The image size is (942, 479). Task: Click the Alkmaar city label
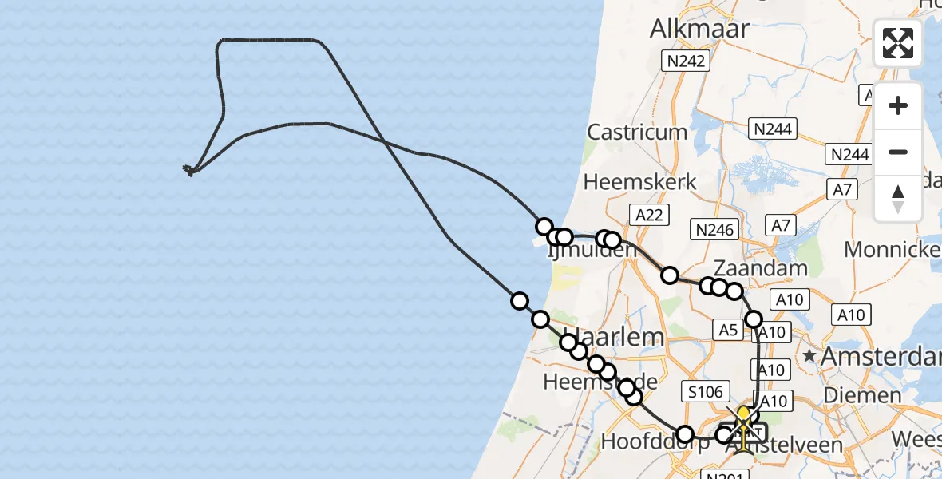[x=700, y=29]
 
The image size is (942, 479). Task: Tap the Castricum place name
[x=637, y=132]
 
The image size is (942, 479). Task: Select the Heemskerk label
[x=639, y=182]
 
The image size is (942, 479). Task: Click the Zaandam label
[x=762, y=267]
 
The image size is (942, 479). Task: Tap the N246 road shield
[x=714, y=230]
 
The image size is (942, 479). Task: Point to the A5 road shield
[x=728, y=329]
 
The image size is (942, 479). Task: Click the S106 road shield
[x=703, y=391]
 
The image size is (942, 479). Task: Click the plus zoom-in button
[x=898, y=105]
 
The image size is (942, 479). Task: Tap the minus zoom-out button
[x=898, y=152]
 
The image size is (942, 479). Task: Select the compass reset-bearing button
[x=898, y=198]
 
